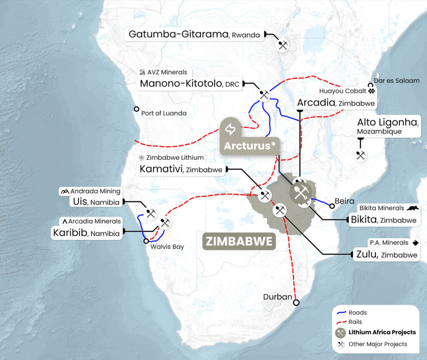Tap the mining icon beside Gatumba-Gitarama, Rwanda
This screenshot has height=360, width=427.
tap(283, 45)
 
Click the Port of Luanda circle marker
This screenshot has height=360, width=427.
tap(136, 109)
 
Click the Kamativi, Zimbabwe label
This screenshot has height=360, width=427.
tap(181, 169)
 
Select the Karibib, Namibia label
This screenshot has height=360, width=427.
tap(86, 232)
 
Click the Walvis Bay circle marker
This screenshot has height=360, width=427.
tap(146, 241)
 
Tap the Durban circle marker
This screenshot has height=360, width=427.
tap(296, 302)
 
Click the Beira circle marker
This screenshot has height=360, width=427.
tap(332, 206)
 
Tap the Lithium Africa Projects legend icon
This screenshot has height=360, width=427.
tap(341, 332)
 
